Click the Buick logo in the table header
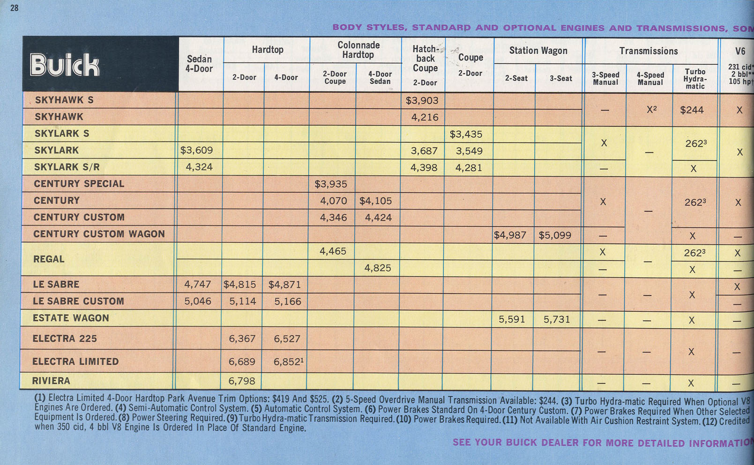click(65, 65)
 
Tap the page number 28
click(15, 8)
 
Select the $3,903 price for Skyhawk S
click(422, 101)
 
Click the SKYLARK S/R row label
click(67, 167)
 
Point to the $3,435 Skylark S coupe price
click(466, 135)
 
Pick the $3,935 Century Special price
click(330, 184)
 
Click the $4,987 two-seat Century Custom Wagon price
click(510, 235)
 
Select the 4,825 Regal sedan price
click(378, 268)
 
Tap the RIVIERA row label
click(51, 381)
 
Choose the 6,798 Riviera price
click(242, 381)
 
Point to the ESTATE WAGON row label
click(71, 318)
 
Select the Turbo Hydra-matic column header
click(695, 79)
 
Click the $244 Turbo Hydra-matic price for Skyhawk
click(692, 110)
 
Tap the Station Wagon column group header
click(538, 51)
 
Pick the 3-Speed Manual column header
click(605, 79)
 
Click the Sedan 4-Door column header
click(199, 64)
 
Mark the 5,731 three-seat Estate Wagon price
click(557, 320)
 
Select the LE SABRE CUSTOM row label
click(78, 301)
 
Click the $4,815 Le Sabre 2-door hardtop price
click(239, 285)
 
